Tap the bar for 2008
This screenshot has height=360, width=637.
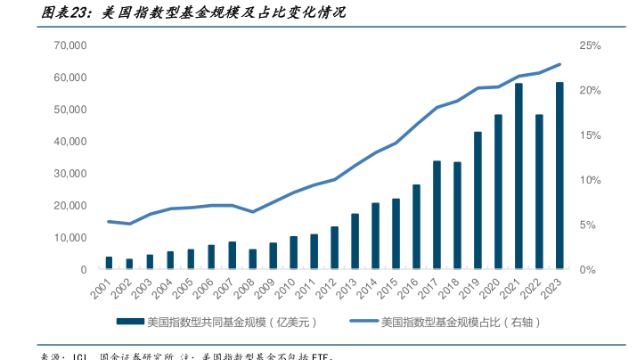click(252, 259)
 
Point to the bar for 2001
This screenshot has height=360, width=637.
click(109, 263)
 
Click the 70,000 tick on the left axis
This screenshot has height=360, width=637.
click(69, 45)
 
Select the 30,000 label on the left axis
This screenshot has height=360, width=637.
click(69, 173)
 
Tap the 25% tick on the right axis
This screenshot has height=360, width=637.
click(590, 45)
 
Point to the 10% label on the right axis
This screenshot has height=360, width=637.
click(590, 180)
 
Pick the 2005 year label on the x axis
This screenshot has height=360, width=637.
click(183, 288)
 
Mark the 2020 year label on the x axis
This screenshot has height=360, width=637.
click(490, 288)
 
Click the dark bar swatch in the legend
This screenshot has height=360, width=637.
click(128, 321)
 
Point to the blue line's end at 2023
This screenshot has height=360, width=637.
click(559, 64)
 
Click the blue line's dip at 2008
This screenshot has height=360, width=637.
click(252, 212)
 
